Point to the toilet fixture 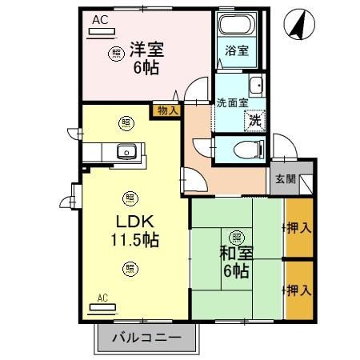[245, 148]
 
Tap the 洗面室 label [231, 102]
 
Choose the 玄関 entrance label [286, 179]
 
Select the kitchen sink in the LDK [126, 150]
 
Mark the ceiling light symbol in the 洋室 [117, 54]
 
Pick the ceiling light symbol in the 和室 [237, 237]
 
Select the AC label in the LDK [102, 298]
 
